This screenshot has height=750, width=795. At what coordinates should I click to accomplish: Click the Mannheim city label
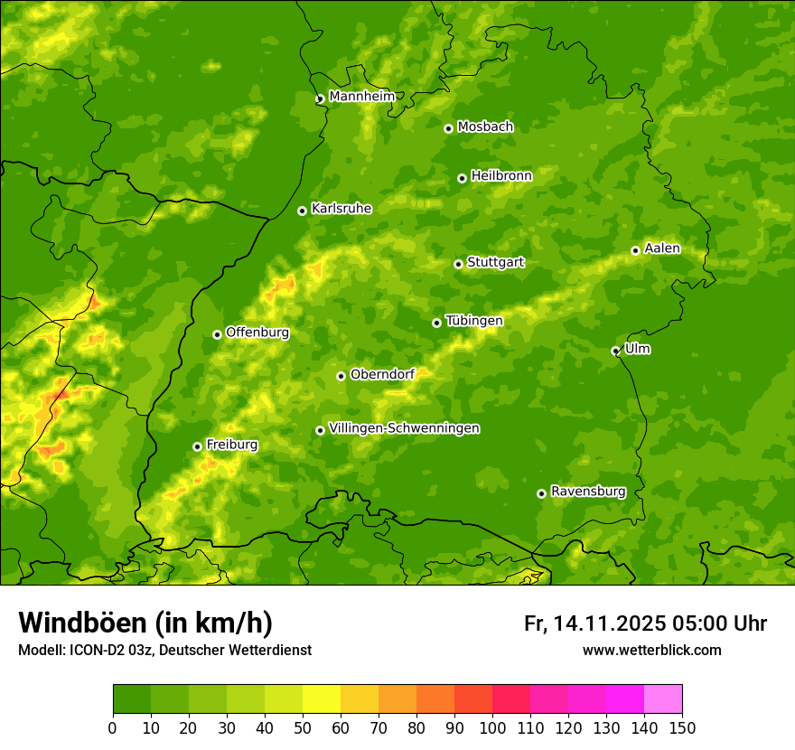(361, 97)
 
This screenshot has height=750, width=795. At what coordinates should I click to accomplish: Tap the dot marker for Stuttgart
(458, 264)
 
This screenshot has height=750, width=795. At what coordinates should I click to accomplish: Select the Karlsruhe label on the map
(341, 209)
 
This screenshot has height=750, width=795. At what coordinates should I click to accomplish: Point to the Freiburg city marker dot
(197, 446)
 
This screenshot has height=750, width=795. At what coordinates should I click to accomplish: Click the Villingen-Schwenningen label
(404, 428)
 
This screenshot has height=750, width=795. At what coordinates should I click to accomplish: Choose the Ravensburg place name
(587, 492)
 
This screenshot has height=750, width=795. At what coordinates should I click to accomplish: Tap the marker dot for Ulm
(615, 351)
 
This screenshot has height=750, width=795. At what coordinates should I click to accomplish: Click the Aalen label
(662, 248)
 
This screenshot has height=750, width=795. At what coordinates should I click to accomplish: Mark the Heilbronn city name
(501, 176)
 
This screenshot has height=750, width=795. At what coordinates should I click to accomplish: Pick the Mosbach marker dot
(448, 128)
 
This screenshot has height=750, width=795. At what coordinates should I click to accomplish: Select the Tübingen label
(473, 321)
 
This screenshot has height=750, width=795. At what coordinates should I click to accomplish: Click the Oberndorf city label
(382, 374)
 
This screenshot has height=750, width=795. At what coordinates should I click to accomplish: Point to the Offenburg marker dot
(217, 334)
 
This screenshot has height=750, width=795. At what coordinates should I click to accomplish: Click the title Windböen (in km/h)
(145, 623)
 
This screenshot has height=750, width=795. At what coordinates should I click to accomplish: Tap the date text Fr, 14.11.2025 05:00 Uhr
(645, 623)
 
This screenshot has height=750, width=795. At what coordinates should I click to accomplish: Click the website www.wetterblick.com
(651, 650)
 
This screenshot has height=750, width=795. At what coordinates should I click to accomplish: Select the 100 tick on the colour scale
(492, 727)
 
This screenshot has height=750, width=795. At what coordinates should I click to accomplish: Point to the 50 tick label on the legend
(303, 727)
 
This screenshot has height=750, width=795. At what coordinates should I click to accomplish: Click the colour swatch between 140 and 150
(663, 698)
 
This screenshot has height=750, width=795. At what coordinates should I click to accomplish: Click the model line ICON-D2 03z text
(164, 650)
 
